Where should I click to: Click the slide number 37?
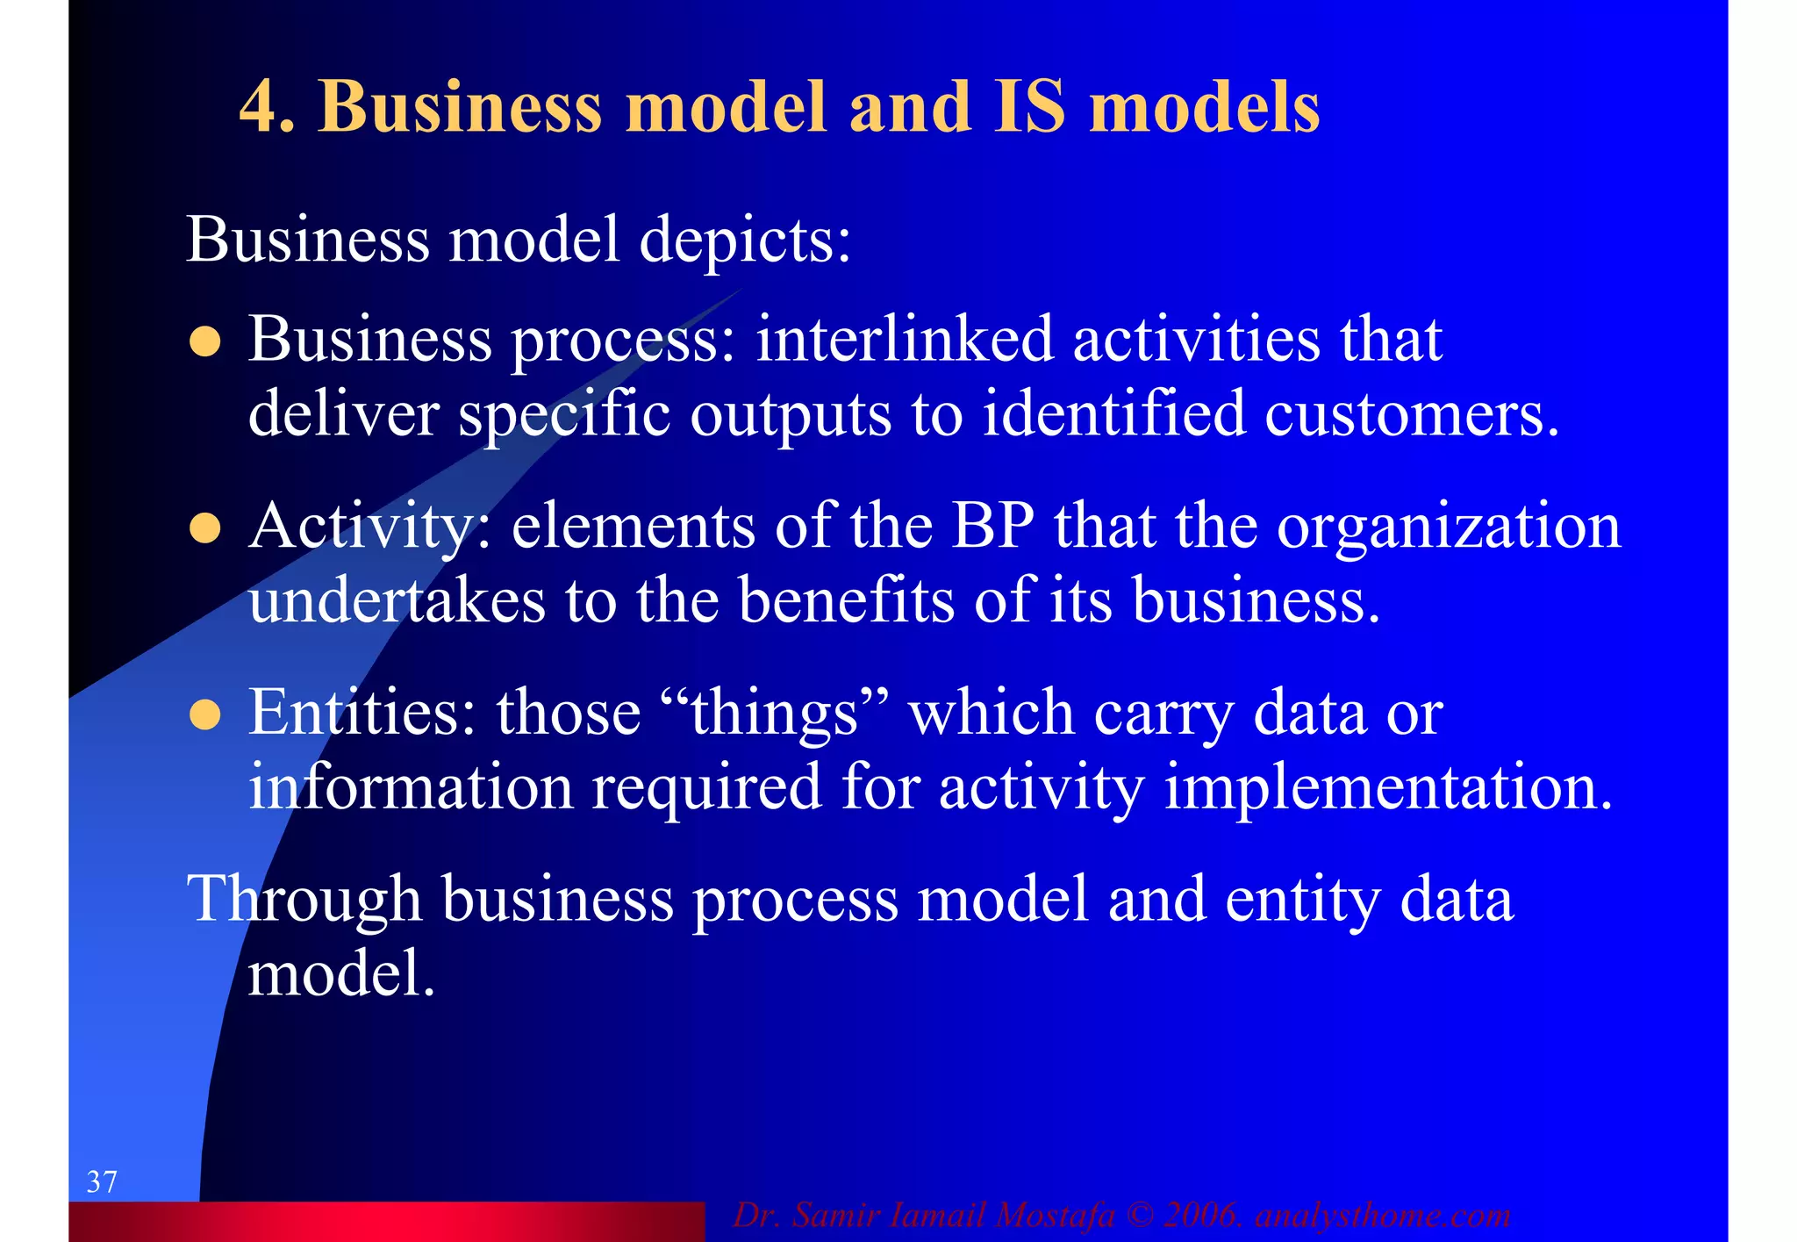pos(102,1181)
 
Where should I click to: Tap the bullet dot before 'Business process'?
pos(204,341)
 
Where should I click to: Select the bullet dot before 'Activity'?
pos(204,528)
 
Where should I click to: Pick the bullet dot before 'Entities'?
pos(204,714)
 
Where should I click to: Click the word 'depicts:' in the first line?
pos(745,240)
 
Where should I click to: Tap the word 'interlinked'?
pos(904,339)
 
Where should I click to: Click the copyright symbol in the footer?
pos(1139,1216)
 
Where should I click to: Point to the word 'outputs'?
pos(791,413)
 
